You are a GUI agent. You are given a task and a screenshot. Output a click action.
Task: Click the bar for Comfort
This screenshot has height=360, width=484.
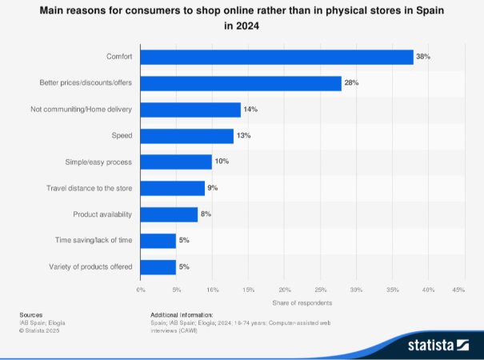(x=277, y=57)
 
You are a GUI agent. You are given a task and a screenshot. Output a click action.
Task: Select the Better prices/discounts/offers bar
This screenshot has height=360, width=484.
(x=241, y=83)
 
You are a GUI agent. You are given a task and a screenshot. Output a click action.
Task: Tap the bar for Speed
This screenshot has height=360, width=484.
(x=187, y=136)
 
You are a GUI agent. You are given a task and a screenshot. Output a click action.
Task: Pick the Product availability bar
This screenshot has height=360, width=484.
(x=169, y=214)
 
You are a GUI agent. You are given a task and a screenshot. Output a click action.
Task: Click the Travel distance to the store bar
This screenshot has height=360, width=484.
(x=173, y=188)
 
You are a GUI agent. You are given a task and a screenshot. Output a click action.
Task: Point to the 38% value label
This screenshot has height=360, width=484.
(x=423, y=57)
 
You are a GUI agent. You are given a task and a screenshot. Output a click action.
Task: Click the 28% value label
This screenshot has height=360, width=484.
(x=351, y=83)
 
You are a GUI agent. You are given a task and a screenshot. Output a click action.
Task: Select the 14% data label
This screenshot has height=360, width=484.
(x=250, y=110)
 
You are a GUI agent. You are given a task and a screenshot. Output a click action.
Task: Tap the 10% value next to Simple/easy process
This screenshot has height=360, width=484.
(x=222, y=162)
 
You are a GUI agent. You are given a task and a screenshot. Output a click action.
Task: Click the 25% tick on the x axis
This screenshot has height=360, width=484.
(x=320, y=289)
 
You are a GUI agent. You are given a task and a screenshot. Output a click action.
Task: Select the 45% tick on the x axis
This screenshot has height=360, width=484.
(x=459, y=289)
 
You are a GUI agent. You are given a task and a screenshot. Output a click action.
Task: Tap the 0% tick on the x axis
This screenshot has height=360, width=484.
(x=141, y=289)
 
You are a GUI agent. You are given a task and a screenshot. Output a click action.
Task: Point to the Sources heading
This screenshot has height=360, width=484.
(x=31, y=315)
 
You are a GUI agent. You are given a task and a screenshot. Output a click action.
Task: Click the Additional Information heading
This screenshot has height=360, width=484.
(x=182, y=315)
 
